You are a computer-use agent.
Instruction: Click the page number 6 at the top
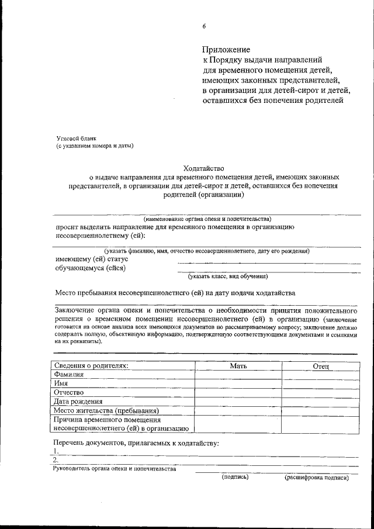pos(205,26)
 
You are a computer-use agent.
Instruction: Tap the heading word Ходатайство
pos(203,167)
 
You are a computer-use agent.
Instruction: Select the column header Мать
pos(238,366)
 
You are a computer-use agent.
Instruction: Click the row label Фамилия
pos(69,374)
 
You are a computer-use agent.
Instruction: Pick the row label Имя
pos(61,383)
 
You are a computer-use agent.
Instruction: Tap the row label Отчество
pos(69,392)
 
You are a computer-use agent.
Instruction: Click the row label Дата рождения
pos(78,402)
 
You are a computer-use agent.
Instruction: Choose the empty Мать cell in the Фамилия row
pos(238,375)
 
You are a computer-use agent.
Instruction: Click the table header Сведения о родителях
pos(91,365)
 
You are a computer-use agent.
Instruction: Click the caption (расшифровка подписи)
pos(317,478)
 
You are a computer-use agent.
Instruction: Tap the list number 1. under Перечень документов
pos(56,452)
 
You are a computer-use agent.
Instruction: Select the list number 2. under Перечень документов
pos(56,461)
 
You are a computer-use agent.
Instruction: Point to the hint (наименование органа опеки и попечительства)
pos(207,218)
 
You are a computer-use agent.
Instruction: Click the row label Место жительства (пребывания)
pos(106,410)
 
